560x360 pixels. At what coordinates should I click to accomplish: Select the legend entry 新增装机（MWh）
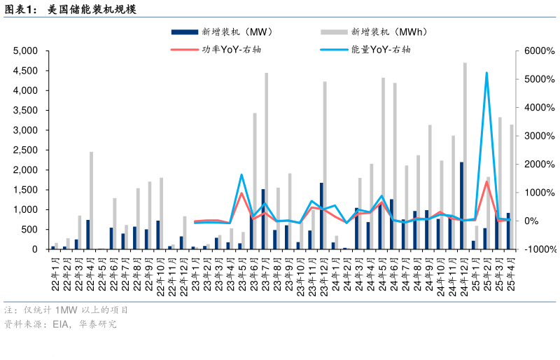click(388, 32)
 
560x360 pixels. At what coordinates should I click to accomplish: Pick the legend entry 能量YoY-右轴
click(381, 50)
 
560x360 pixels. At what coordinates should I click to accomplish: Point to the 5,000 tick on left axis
click(26, 51)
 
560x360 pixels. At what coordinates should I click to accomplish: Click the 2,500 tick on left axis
click(26, 151)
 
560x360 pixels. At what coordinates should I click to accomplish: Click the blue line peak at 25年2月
click(486, 73)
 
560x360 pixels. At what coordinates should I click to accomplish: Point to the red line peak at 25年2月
click(486, 182)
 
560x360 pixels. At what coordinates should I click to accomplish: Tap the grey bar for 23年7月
click(266, 161)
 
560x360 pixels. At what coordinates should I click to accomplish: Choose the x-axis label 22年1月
click(53, 275)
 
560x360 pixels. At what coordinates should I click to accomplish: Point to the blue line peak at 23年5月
click(241, 175)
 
